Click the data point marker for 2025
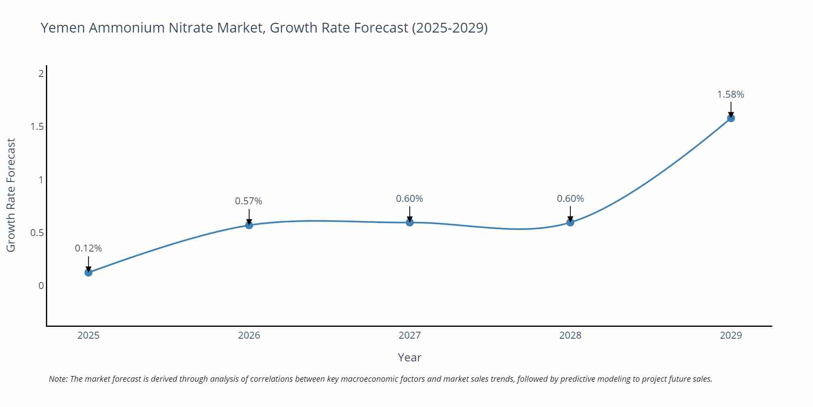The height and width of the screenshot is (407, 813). (x=88, y=272)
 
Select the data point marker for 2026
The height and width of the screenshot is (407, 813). (x=249, y=225)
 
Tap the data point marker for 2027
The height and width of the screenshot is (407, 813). (x=409, y=222)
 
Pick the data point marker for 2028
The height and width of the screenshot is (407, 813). (x=570, y=222)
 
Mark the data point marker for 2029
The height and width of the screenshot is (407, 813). (x=730, y=118)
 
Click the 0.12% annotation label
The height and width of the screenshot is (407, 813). (x=88, y=248)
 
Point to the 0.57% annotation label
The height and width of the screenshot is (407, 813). (x=248, y=201)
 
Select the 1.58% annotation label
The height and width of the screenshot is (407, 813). (x=730, y=94)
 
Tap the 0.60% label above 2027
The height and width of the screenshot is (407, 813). (x=409, y=199)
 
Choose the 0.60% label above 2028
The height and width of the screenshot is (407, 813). (x=570, y=199)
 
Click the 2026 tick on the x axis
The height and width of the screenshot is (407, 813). (x=249, y=335)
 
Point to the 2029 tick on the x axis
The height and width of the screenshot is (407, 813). (x=730, y=335)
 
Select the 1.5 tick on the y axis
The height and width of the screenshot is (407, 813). (x=37, y=127)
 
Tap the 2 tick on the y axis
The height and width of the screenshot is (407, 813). (x=41, y=74)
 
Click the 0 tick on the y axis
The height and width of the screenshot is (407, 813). (x=41, y=286)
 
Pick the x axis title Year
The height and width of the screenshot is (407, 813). (x=409, y=357)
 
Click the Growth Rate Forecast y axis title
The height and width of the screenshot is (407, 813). (x=11, y=195)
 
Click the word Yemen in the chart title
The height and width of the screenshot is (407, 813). (x=63, y=28)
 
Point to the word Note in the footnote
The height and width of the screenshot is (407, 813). (x=58, y=379)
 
